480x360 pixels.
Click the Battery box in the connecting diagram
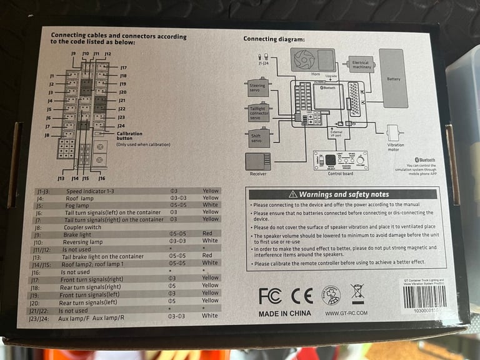click(393, 77)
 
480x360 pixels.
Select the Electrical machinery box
click(361, 65)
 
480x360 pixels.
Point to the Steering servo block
click(257, 87)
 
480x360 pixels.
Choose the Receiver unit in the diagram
click(258, 161)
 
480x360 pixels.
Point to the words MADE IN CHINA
click(285, 314)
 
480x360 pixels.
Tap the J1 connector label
click(52, 76)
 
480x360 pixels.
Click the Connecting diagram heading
click(274, 39)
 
